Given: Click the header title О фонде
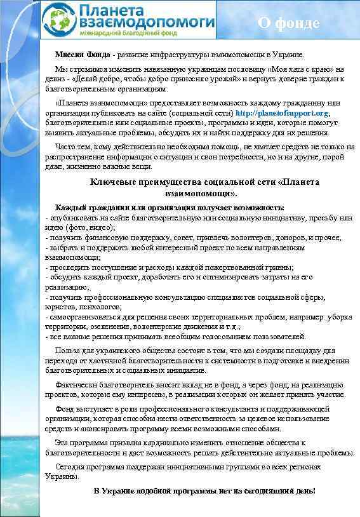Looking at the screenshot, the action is click(288, 23).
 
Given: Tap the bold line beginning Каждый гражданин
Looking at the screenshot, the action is click(170, 208).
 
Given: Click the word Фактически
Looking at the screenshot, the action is click(77, 384).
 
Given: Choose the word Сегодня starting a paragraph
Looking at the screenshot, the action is click(70, 467).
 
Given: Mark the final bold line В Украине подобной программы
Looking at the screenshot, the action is click(204, 491).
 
